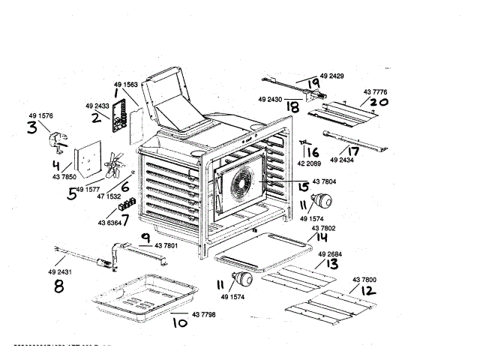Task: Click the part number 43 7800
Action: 363,280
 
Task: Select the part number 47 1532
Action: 108,196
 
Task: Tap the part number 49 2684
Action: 331,255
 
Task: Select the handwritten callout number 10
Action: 179,323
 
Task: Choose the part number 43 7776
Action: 360,91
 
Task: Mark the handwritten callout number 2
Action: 97,117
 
